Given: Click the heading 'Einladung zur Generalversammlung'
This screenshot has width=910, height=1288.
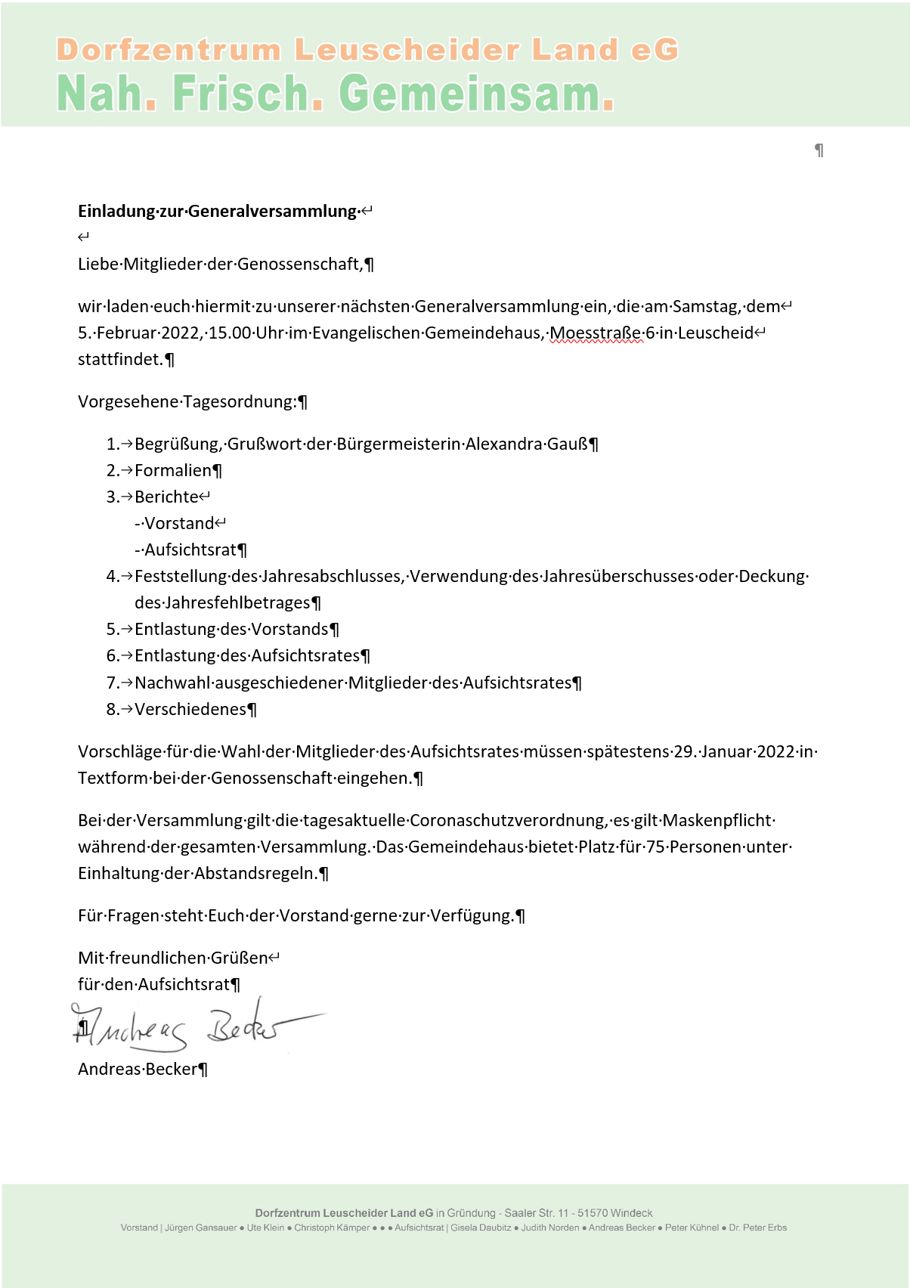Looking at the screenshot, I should (217, 211).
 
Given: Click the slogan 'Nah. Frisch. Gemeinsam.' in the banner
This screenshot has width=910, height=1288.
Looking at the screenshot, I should (336, 94).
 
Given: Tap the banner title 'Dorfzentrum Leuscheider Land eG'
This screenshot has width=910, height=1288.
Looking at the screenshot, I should (367, 50).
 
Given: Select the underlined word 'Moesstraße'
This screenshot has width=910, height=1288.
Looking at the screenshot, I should (596, 333).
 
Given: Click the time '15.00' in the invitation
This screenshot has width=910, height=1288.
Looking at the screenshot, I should (230, 333).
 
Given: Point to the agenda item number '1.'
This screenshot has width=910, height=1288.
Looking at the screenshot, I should (113, 444).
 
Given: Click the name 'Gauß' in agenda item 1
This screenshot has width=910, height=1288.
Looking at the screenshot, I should (567, 444).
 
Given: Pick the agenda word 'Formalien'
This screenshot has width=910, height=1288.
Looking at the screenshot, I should (173, 470).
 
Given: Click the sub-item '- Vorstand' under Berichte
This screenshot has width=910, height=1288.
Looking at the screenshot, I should (175, 523).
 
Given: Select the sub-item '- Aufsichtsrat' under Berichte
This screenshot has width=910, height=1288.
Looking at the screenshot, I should (186, 550).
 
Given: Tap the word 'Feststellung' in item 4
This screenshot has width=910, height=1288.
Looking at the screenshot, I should (181, 576).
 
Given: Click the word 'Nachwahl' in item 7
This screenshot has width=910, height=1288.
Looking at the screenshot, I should (172, 683).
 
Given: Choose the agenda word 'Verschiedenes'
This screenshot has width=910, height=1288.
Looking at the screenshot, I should (190, 709).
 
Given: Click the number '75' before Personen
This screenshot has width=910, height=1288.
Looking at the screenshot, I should (655, 847).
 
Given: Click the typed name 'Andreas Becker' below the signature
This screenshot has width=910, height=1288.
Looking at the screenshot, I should (138, 1069).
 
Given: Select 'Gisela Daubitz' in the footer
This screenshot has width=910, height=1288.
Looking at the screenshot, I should (481, 1228).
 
